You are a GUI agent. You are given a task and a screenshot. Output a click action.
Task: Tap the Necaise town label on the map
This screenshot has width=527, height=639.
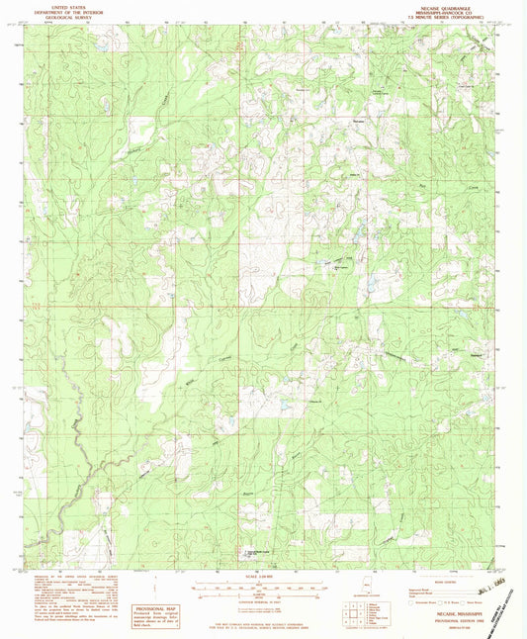coord(359,120)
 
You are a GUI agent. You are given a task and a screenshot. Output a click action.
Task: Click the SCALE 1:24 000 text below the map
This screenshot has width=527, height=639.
coord(262,575)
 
